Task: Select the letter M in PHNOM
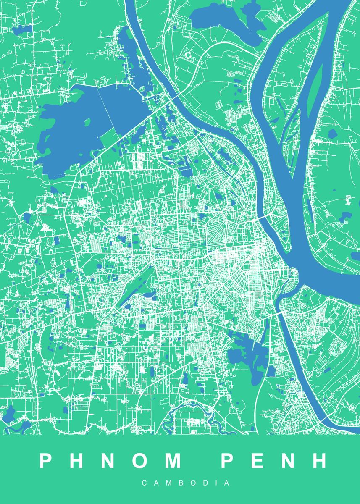tap(172, 461)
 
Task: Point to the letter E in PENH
tap(258, 461)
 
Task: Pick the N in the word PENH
tap(289, 461)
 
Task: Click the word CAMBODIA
tap(186, 483)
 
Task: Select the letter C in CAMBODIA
tap(145, 483)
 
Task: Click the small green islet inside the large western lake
tap(87, 123)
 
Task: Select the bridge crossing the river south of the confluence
tap(278, 313)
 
